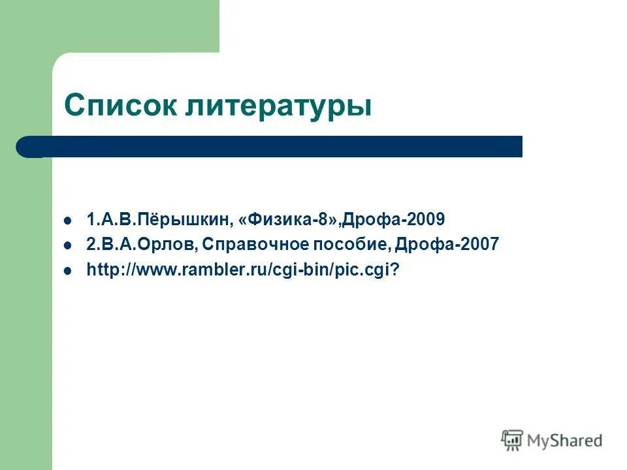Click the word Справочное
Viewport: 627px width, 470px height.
click(x=249, y=245)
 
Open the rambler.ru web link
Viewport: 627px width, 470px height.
click(x=242, y=270)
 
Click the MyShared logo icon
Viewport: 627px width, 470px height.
click(x=512, y=441)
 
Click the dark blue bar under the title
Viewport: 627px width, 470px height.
click(x=274, y=147)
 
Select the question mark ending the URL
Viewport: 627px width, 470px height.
click(x=394, y=270)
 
